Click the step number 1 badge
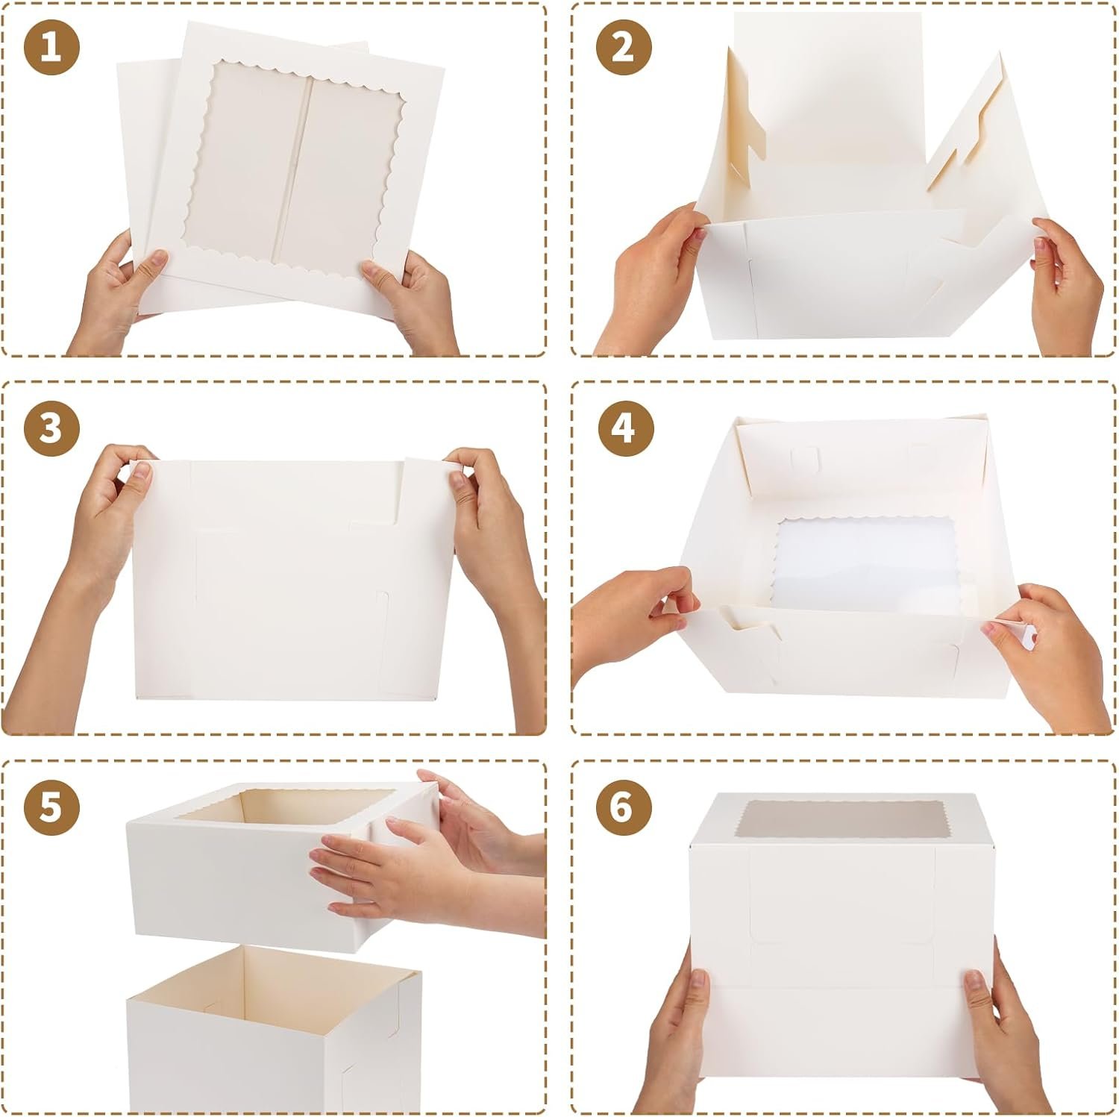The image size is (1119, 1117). coord(51,48)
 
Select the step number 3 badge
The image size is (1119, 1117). coord(51,430)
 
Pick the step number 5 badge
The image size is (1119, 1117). coord(51,808)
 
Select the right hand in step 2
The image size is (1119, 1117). coord(1067,284)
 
